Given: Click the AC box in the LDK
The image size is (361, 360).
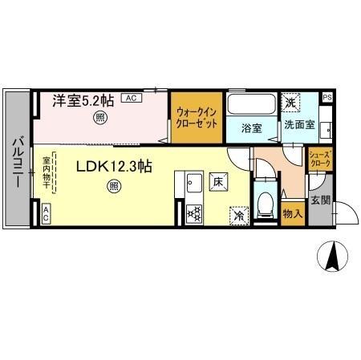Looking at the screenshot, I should pyautogui.click(x=46, y=212).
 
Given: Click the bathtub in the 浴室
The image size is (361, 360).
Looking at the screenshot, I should pyautogui.click(x=250, y=106).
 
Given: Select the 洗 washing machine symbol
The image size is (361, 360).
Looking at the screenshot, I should pyautogui.click(x=290, y=102).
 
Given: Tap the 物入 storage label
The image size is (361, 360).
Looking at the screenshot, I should pyautogui.click(x=292, y=213).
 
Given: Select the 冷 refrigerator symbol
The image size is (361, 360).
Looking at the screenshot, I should pyautogui.click(x=238, y=214).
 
